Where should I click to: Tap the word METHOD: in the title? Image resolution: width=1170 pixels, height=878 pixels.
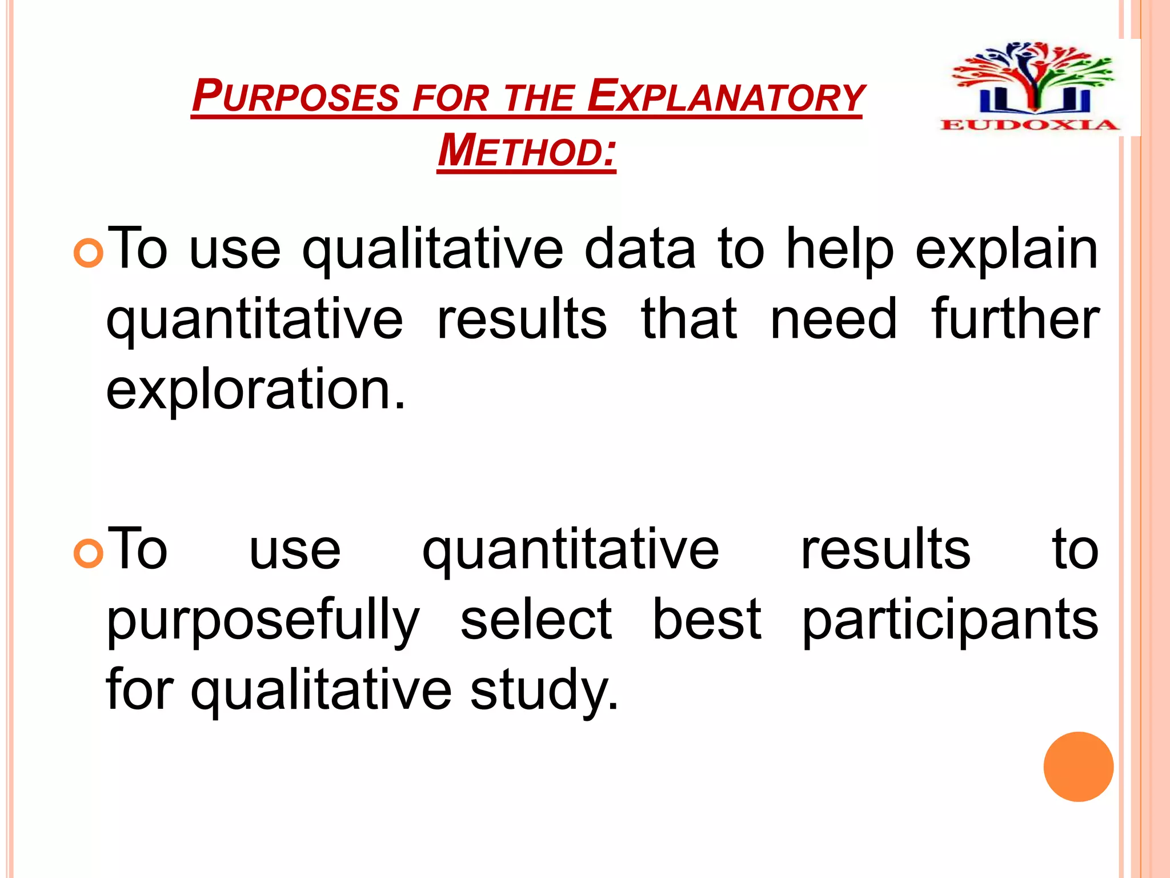527,151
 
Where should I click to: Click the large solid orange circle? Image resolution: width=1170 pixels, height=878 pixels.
1078,767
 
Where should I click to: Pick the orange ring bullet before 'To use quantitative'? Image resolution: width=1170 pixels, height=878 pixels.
89,553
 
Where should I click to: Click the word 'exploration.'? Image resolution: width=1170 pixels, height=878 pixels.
255,390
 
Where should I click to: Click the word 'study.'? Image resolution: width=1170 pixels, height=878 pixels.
544,691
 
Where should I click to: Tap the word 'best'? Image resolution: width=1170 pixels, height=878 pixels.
707,620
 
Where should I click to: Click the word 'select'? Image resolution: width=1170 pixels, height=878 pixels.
536,620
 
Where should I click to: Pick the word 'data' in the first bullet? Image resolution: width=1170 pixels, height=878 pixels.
640,249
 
